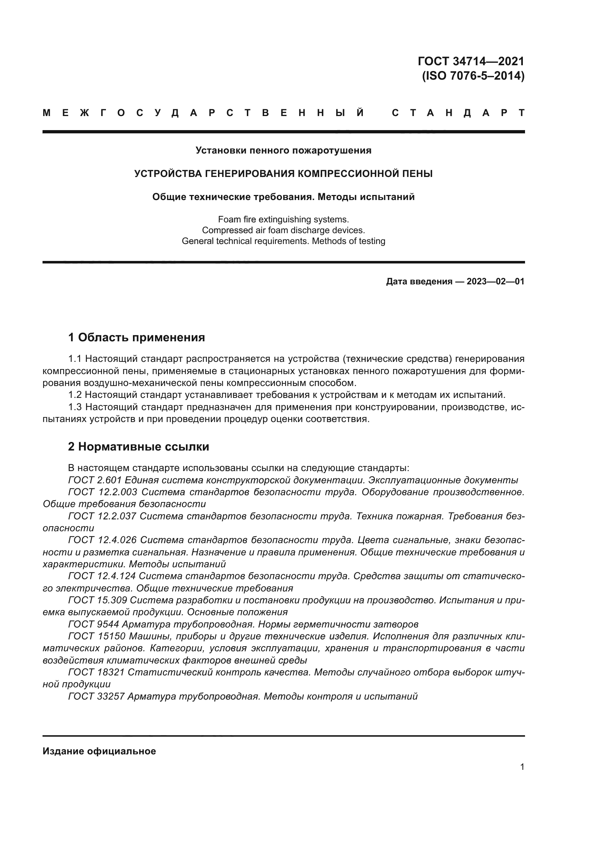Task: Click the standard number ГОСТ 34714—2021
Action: tap(471, 61)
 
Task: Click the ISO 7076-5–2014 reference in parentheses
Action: tap(473, 76)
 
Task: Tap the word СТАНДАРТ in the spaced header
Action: tap(458, 113)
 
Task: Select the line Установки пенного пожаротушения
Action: tap(283, 150)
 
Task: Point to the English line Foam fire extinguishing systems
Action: tap(283, 219)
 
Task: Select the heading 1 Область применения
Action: tap(137, 337)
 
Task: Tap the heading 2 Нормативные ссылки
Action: tap(139, 447)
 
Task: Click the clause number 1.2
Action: tap(75, 395)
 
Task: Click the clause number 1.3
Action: tap(75, 407)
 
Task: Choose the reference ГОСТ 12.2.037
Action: tap(102, 516)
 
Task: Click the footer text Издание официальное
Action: tap(99, 751)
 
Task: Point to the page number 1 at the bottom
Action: tap(522, 767)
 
